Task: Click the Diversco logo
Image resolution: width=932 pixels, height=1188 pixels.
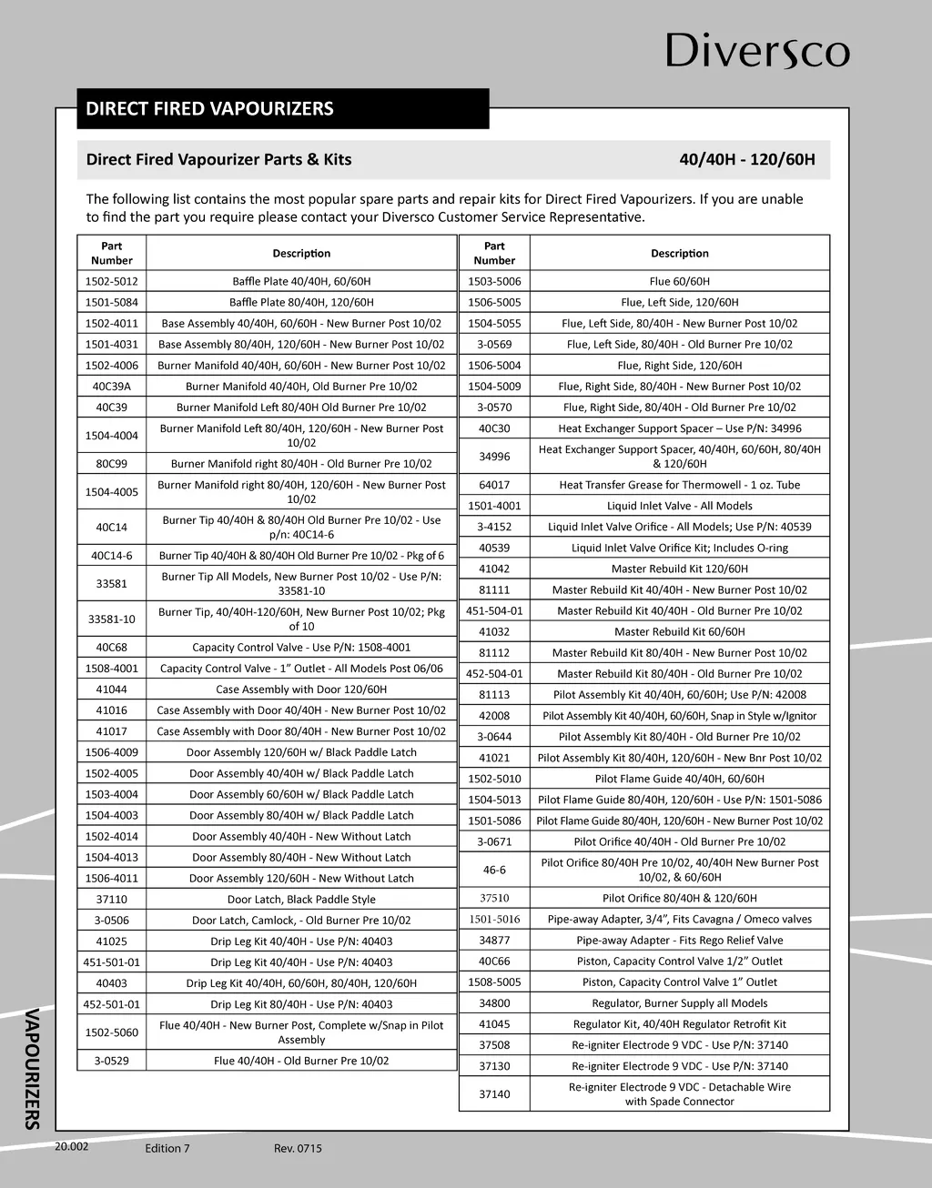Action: pos(757,52)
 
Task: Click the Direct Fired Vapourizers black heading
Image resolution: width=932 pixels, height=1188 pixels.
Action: pos(209,109)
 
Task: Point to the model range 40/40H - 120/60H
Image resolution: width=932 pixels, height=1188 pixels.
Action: pos(746,160)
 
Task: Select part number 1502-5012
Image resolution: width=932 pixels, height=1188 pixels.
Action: pos(112,281)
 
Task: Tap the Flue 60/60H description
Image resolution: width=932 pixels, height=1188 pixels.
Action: pos(679,281)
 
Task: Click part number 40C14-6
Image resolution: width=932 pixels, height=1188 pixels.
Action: pos(112,556)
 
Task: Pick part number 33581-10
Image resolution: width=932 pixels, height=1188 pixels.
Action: pos(112,619)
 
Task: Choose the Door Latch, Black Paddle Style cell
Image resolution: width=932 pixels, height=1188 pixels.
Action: pos(301,899)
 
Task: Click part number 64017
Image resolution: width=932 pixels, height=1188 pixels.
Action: pos(494,485)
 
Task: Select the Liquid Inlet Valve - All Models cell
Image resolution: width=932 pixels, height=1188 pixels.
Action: pos(679,506)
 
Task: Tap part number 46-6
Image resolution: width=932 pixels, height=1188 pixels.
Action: pos(494,870)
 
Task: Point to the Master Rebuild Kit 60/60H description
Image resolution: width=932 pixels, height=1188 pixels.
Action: pos(679,631)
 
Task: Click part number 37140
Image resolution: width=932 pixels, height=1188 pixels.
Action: pos(494,1093)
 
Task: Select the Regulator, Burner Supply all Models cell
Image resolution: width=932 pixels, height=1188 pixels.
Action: pos(679,1002)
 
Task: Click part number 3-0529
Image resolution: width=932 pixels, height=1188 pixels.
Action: pos(112,1061)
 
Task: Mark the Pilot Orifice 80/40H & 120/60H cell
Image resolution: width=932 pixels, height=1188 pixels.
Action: pos(679,898)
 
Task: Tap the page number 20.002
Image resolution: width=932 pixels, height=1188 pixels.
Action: pos(72,1146)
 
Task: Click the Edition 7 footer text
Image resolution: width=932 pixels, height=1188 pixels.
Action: pos(167,1148)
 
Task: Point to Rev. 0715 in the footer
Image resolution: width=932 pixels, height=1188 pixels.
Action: pos(298,1148)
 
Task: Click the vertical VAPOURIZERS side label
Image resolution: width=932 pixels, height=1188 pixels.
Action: pos(32,1068)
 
